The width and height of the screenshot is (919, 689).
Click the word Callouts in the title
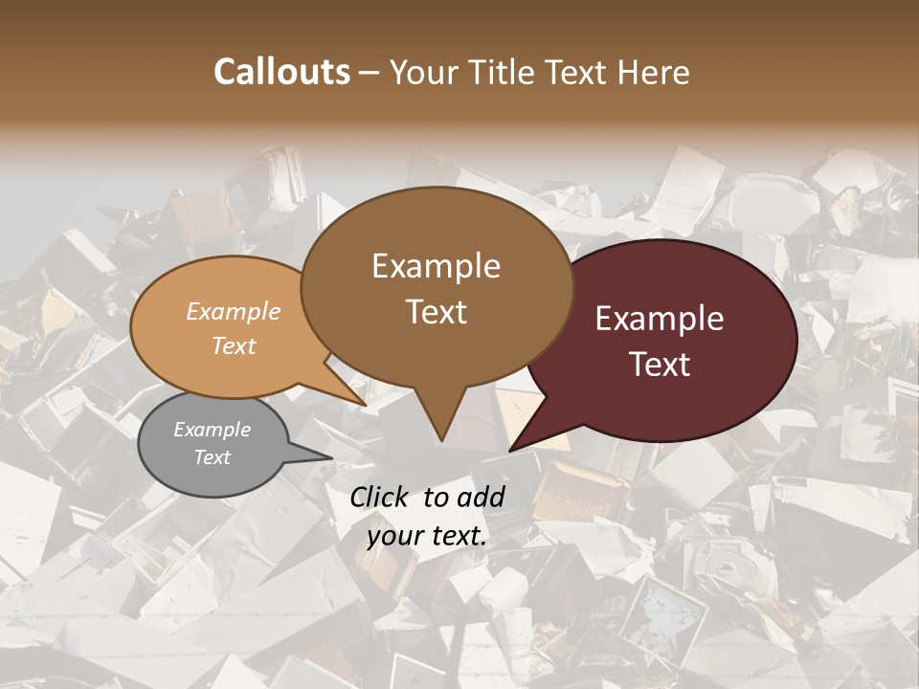coord(281,72)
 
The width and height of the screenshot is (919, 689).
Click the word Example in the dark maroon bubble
coord(660,319)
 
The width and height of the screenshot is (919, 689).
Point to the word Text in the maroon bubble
coord(660,365)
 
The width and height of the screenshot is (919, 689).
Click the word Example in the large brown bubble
coord(436,266)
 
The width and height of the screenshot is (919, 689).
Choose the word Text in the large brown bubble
coord(436,312)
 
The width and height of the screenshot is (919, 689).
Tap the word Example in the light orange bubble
coord(233,312)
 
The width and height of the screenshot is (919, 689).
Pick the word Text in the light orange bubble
coord(233,345)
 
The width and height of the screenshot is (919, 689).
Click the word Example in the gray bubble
coord(212,430)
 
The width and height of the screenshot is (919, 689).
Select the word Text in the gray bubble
coord(212,457)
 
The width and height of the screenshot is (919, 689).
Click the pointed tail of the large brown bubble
coord(441,435)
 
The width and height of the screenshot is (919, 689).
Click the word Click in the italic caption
coord(380,497)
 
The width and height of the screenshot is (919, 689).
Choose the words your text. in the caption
coord(427,536)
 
